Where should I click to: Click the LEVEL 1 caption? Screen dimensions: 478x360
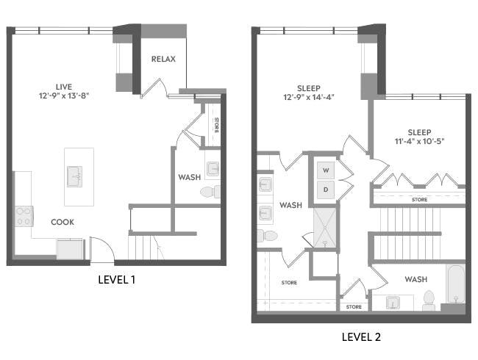[x=116, y=280]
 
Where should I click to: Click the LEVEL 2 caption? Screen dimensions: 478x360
[x=361, y=336]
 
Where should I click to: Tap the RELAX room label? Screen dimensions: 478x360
[x=163, y=59]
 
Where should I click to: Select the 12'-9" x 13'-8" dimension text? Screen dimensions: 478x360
[x=64, y=96]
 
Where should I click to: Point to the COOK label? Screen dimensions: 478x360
[x=63, y=222]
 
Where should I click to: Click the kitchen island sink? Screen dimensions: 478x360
[x=74, y=176]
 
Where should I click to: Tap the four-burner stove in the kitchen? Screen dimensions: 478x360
[x=24, y=216]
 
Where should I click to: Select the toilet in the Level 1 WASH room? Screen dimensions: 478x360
[x=210, y=192]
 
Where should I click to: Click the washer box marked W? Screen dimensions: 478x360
[x=326, y=170]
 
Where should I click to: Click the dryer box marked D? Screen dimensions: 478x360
[x=326, y=190]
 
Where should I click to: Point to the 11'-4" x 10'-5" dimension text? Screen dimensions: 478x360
[x=419, y=141]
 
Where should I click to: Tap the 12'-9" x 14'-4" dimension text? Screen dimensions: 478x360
[x=309, y=97]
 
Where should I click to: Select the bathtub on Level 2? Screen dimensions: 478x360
[x=455, y=284]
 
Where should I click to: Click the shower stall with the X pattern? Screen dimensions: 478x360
[x=325, y=228]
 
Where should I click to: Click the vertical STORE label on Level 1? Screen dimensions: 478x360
[x=216, y=125]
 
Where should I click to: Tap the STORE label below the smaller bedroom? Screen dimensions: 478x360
[x=419, y=200]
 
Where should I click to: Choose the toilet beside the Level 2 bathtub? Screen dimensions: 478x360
[x=429, y=300]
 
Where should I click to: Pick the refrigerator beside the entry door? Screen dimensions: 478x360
[x=70, y=249]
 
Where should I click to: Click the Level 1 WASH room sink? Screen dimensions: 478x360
[x=213, y=169]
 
